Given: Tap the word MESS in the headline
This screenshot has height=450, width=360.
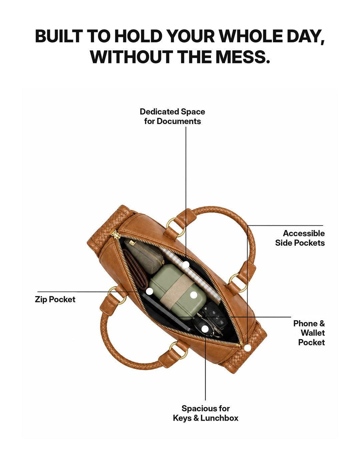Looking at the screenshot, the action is [x=243, y=57].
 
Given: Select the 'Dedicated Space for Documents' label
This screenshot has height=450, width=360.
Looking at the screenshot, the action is [x=172, y=116].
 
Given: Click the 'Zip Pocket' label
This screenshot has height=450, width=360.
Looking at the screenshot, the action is [x=55, y=300].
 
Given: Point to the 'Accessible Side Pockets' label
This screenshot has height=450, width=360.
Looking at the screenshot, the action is [x=300, y=238].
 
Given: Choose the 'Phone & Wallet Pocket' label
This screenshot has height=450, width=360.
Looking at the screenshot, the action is [x=309, y=333].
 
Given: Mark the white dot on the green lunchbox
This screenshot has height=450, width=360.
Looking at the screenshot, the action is [x=194, y=295].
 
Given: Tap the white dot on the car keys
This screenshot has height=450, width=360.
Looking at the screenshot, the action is [x=205, y=329].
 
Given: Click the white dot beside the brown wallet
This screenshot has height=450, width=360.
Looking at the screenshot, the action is [x=149, y=291].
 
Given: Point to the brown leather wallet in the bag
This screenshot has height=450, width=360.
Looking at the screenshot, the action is [x=136, y=270].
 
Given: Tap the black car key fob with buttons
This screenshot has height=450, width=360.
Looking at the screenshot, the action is [x=215, y=316].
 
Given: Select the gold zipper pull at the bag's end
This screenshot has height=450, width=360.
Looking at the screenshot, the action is [x=114, y=234].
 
